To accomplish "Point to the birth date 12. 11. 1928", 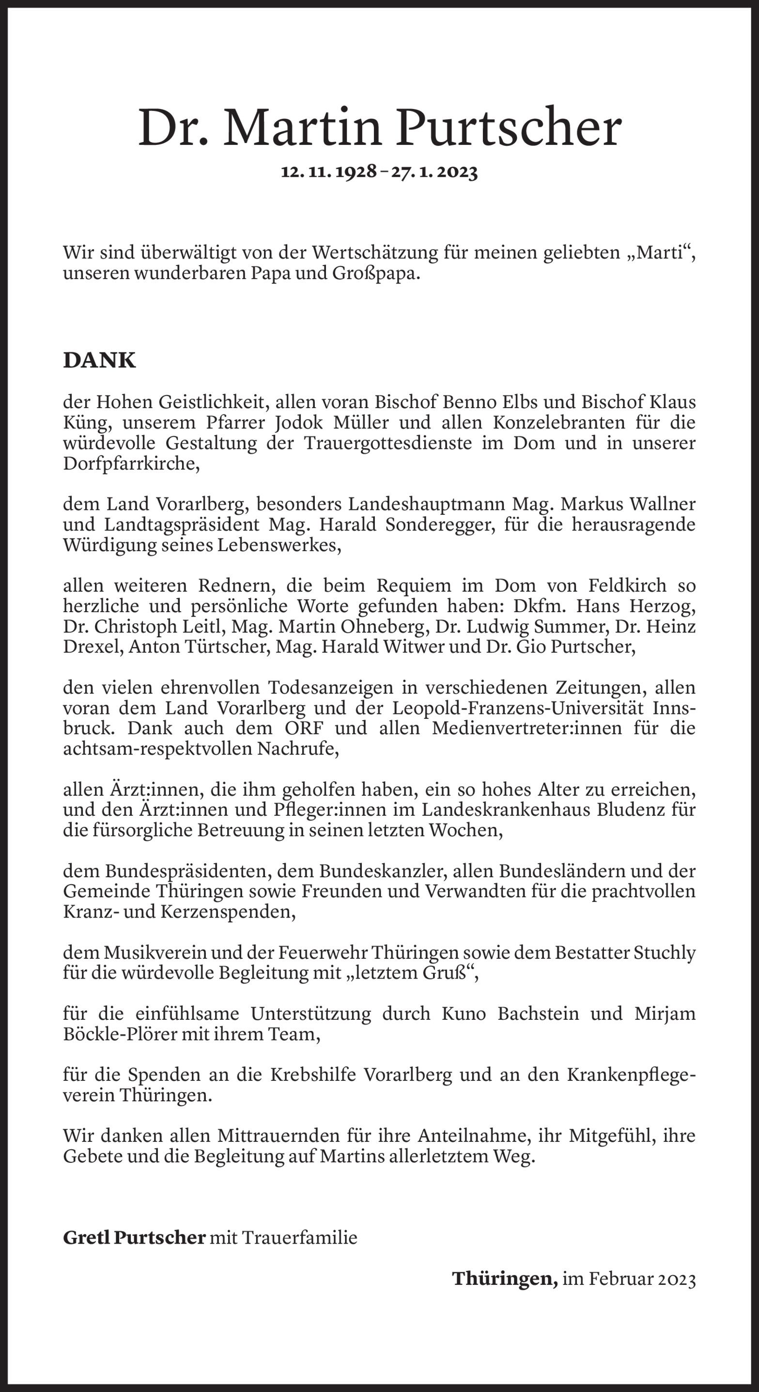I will coord(328,172).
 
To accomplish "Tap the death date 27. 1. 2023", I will coord(435,172).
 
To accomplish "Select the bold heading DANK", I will coord(99,361).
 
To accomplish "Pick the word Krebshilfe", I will coord(313,1075).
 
